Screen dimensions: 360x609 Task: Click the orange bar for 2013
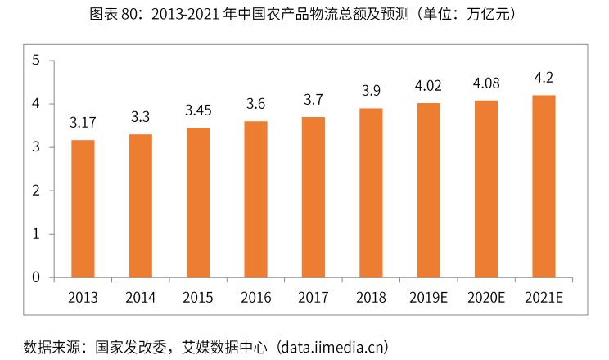point(83,209)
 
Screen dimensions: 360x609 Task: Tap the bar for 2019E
point(428,190)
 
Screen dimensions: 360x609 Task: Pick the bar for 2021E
point(544,187)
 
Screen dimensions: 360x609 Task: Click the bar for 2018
point(371,192)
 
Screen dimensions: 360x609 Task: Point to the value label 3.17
point(83,124)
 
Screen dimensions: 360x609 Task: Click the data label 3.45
point(198,110)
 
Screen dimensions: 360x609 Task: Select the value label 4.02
point(428,85)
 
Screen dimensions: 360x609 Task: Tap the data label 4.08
point(486,83)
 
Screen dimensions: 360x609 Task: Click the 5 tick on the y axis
point(36,61)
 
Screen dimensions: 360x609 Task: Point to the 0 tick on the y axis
point(36,277)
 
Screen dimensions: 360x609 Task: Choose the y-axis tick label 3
point(36,147)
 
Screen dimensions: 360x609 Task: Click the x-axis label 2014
point(141,296)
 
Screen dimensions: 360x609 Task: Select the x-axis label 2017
point(314,296)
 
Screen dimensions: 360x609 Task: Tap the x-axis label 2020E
point(486,296)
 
